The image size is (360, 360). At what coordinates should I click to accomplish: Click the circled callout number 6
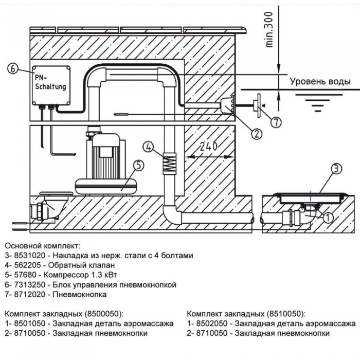[x=14, y=68]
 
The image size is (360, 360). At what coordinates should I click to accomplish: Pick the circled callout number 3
[x=335, y=168]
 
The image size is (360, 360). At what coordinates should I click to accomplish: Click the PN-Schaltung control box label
[x=50, y=82]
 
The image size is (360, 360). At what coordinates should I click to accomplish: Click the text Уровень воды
[x=320, y=82]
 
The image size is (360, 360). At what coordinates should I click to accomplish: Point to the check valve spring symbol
[x=169, y=165]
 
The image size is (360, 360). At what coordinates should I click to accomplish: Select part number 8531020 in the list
[x=31, y=255]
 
